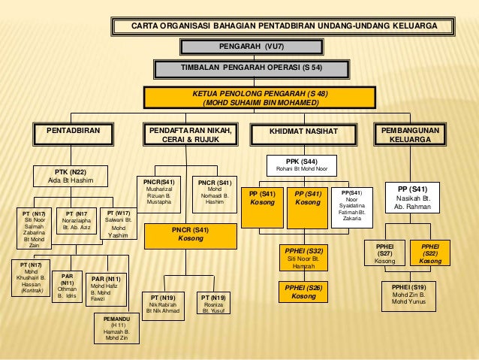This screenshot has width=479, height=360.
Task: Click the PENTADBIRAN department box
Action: click(74, 134)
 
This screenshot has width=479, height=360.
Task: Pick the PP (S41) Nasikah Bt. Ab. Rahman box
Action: click(414, 197)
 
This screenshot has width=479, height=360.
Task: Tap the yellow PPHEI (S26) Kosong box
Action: click(303, 292)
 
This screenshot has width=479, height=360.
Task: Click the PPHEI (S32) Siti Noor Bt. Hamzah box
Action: click(303, 257)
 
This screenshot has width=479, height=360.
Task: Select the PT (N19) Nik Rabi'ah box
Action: click(164, 303)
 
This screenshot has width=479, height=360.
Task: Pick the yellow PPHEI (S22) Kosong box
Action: click(430, 253)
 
